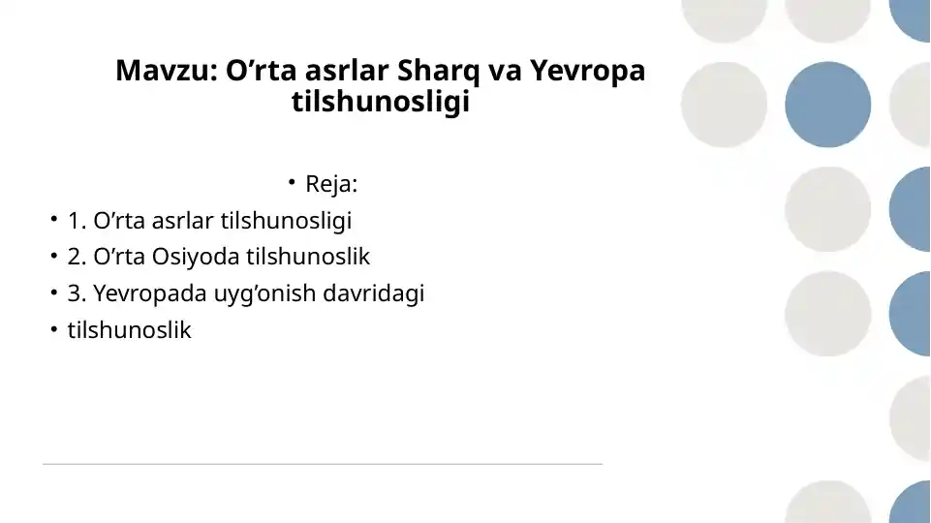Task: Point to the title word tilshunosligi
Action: pyautogui.click(x=380, y=103)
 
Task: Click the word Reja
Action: pyautogui.click(x=331, y=184)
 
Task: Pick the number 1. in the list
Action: pyautogui.click(x=78, y=221)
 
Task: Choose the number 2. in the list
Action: pyautogui.click(x=78, y=258)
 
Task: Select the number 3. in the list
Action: pyautogui.click(x=78, y=293)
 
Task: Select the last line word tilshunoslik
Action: pyautogui.click(x=130, y=330)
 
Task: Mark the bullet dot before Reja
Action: pyautogui.click(x=291, y=182)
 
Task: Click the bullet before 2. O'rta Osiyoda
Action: pyautogui.click(x=55, y=257)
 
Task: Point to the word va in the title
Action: pyautogui.click(x=504, y=72)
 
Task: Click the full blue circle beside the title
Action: pyautogui.click(x=827, y=104)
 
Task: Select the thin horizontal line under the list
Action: pyautogui.click(x=322, y=464)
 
